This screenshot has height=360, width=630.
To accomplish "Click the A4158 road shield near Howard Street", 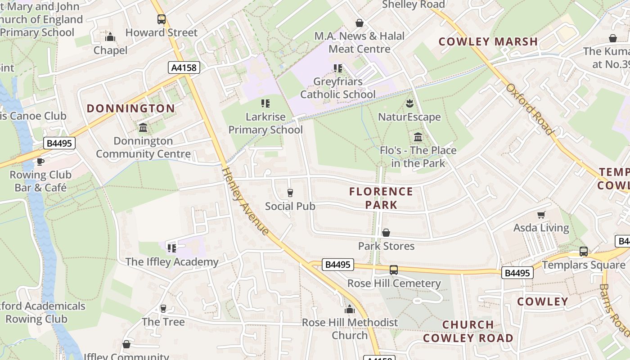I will [184, 67].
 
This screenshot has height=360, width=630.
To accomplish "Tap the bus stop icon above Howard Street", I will [161, 19].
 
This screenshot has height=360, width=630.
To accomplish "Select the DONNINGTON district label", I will [130, 108].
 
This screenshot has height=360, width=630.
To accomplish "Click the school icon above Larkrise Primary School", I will [265, 103].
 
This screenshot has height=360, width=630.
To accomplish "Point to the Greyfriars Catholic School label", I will [337, 88].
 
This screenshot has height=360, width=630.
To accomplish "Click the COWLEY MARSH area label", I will [488, 42].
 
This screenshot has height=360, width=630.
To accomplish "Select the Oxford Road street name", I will [530, 109].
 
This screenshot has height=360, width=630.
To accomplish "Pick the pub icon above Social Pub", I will [290, 193].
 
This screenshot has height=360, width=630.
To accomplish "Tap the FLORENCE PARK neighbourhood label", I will [381, 198].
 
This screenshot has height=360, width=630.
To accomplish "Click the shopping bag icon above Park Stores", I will [386, 233].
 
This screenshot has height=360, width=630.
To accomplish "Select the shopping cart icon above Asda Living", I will [541, 215].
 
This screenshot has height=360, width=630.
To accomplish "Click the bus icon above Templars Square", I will [583, 252].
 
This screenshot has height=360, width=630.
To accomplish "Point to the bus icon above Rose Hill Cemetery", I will [393, 270].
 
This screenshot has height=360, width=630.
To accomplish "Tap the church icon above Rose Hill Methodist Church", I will [350, 309].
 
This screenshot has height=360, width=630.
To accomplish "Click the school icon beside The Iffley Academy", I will [171, 248].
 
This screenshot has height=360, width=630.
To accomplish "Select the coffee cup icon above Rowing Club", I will [40, 162].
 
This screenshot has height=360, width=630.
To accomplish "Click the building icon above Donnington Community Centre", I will [143, 128].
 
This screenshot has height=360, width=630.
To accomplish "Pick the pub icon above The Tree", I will [163, 309].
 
